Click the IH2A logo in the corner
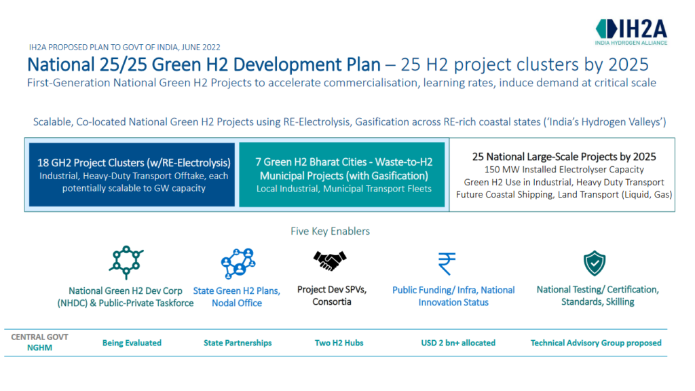(x=631, y=31)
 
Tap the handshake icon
(x=330, y=260)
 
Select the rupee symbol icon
(x=447, y=262)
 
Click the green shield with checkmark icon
(x=595, y=263)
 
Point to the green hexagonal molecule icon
(x=126, y=262)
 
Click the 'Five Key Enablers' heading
(x=330, y=231)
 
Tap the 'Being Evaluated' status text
(x=132, y=343)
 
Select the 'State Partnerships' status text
(x=238, y=343)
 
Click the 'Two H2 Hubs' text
(x=339, y=343)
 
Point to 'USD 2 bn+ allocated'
(x=458, y=343)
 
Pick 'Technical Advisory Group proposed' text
(x=596, y=343)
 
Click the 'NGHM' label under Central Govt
(x=39, y=348)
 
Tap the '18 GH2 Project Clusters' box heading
(x=134, y=163)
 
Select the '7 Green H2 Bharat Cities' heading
(x=343, y=162)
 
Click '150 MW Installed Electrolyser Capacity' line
(x=563, y=169)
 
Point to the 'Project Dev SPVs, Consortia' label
(x=332, y=295)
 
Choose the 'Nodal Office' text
(x=236, y=303)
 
